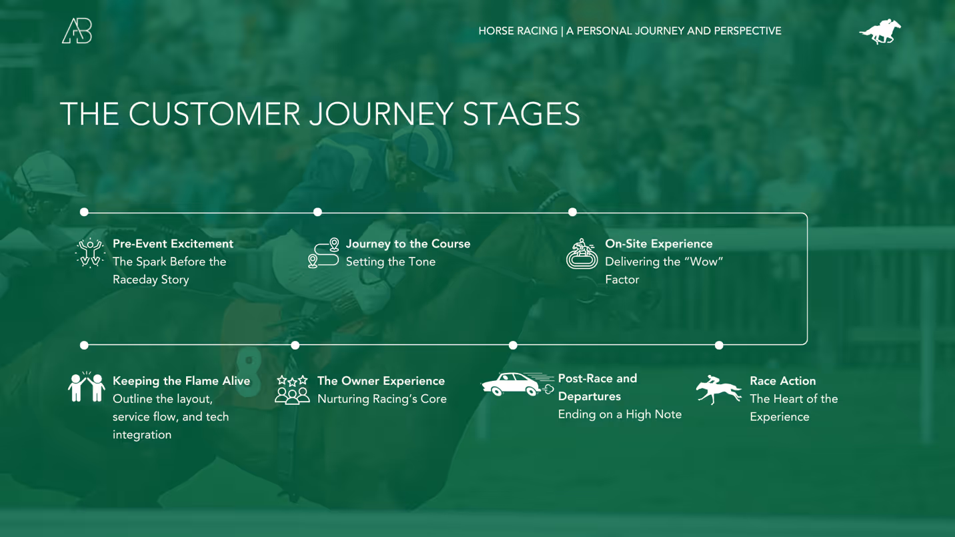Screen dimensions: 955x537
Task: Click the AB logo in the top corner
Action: [77, 31]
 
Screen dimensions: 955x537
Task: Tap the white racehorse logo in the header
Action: [880, 31]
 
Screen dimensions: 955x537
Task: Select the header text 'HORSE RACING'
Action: [518, 31]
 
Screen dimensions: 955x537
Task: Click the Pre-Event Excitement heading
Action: [173, 243]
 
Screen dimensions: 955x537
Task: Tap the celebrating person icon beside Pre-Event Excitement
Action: [90, 253]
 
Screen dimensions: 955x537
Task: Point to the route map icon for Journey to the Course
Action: [323, 253]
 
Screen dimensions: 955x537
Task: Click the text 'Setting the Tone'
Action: [390, 261]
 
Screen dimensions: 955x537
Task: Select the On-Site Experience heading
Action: [658, 243]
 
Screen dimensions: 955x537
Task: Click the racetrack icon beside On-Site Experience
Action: [582, 254]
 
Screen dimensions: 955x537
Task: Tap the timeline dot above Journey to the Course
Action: [317, 212]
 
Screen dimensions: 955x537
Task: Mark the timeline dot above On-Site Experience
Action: [572, 212]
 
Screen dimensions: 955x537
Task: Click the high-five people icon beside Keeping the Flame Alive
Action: [87, 387]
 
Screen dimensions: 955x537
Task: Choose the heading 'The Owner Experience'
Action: [381, 381]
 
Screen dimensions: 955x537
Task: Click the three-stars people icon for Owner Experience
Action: [292, 390]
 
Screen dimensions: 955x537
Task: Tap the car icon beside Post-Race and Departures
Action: [517, 384]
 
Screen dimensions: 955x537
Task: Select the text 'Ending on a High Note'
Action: [620, 414]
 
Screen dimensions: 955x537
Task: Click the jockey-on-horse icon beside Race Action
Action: [718, 390]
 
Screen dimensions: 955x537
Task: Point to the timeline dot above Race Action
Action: [719, 346]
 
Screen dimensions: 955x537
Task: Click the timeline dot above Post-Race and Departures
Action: [513, 346]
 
